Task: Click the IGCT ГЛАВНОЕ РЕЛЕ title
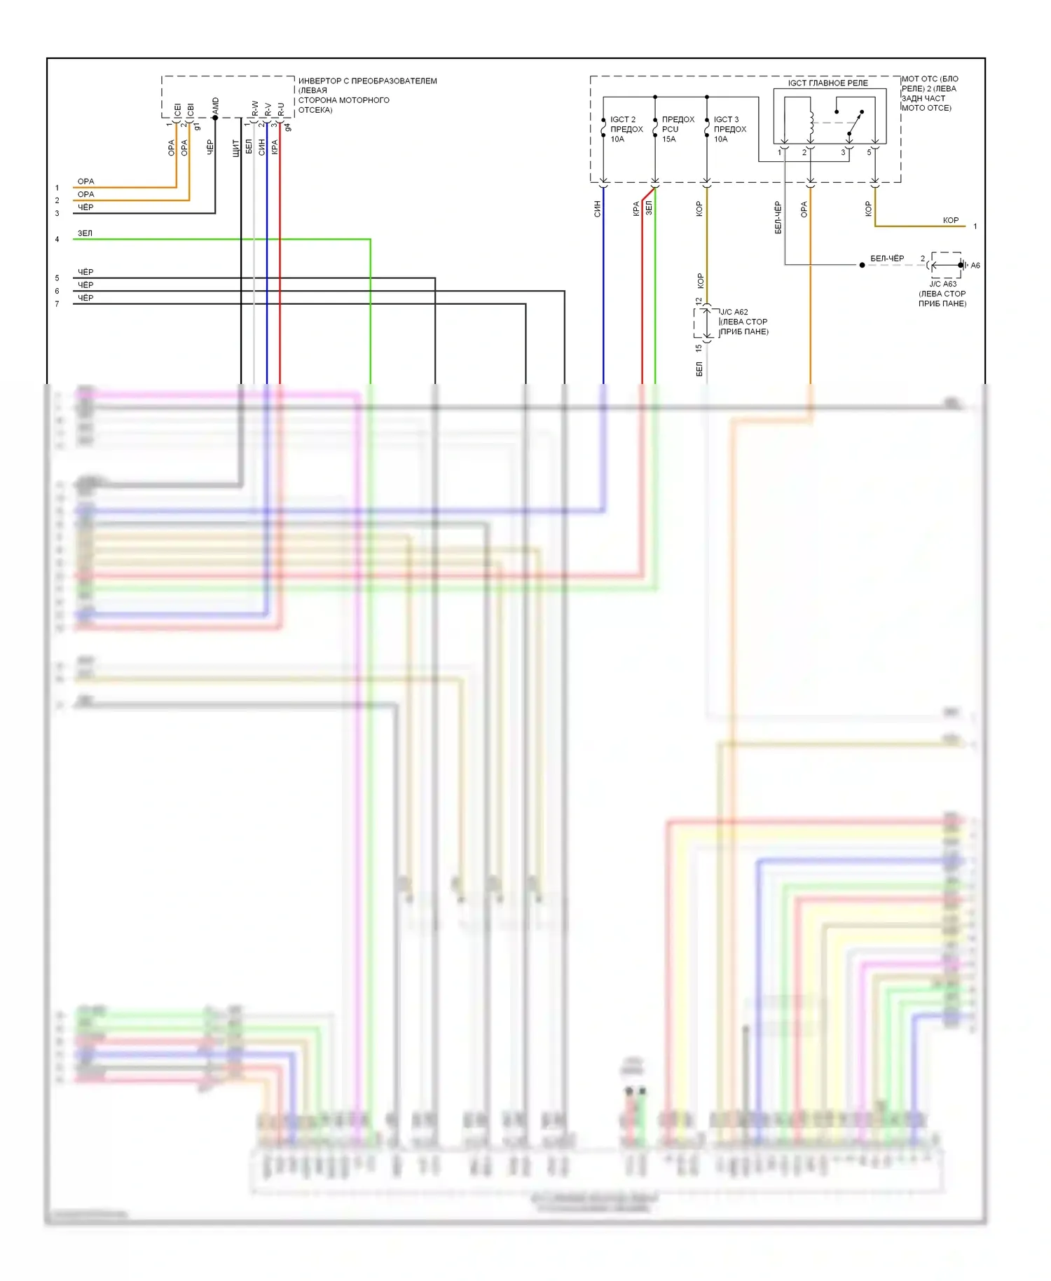coord(827,83)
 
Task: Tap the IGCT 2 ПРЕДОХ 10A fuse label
coord(626,129)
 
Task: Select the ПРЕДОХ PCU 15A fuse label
coord(678,129)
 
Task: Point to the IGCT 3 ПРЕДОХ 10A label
coord(729,129)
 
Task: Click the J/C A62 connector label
coord(734,312)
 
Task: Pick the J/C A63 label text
coord(942,284)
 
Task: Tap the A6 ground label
coord(975,266)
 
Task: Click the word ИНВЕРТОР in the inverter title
coord(320,81)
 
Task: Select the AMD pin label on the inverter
coord(216,106)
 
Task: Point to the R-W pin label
coord(255,109)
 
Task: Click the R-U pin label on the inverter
coord(281,109)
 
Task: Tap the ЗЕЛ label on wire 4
coord(85,233)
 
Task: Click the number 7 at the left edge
coord(57,304)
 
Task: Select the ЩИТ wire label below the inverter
coord(236,148)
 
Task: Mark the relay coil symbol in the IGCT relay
coord(811,124)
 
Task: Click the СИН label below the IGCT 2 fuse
coord(598,209)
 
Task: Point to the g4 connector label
coord(287,128)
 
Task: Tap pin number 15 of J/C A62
coord(699,348)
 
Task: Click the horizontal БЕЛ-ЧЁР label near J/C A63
coord(887,259)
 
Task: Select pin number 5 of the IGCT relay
coord(869,152)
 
